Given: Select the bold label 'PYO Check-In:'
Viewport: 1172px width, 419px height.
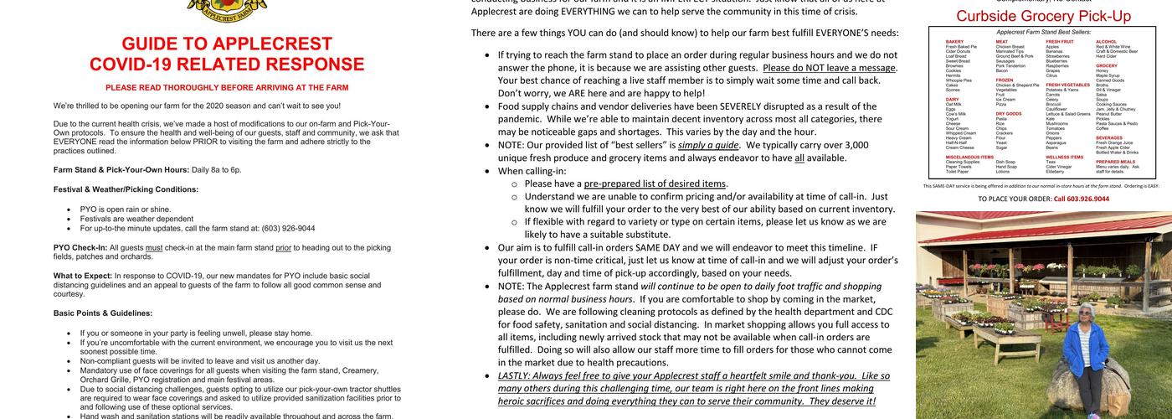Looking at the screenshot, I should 80,248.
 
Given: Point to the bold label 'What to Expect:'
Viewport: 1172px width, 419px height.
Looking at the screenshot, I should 83,276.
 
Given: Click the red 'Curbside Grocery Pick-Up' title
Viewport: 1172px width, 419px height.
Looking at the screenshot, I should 1043,17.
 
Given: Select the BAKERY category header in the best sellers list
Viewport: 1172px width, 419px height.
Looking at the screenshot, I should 954,41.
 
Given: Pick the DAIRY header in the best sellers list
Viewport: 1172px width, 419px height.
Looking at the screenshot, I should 953,99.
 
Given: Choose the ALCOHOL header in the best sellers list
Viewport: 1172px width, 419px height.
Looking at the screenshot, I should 1107,41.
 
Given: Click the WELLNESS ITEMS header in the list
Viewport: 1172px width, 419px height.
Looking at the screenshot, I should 1064,156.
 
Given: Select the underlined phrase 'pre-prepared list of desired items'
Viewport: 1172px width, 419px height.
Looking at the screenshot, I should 655,184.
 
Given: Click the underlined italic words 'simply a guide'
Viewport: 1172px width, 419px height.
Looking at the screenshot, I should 708,145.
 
